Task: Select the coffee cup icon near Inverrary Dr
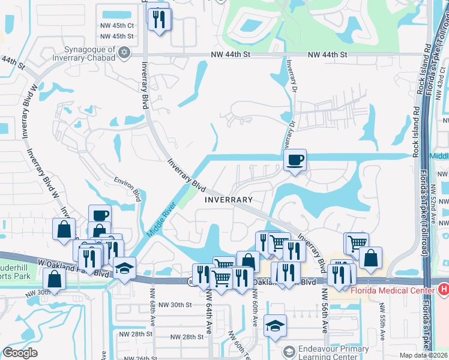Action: pos(295,160)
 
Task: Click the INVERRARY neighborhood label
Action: pos(229,199)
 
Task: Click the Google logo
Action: pos(20,353)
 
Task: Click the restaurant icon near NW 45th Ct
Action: pos(159,20)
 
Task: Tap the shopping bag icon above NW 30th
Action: pos(54,279)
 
